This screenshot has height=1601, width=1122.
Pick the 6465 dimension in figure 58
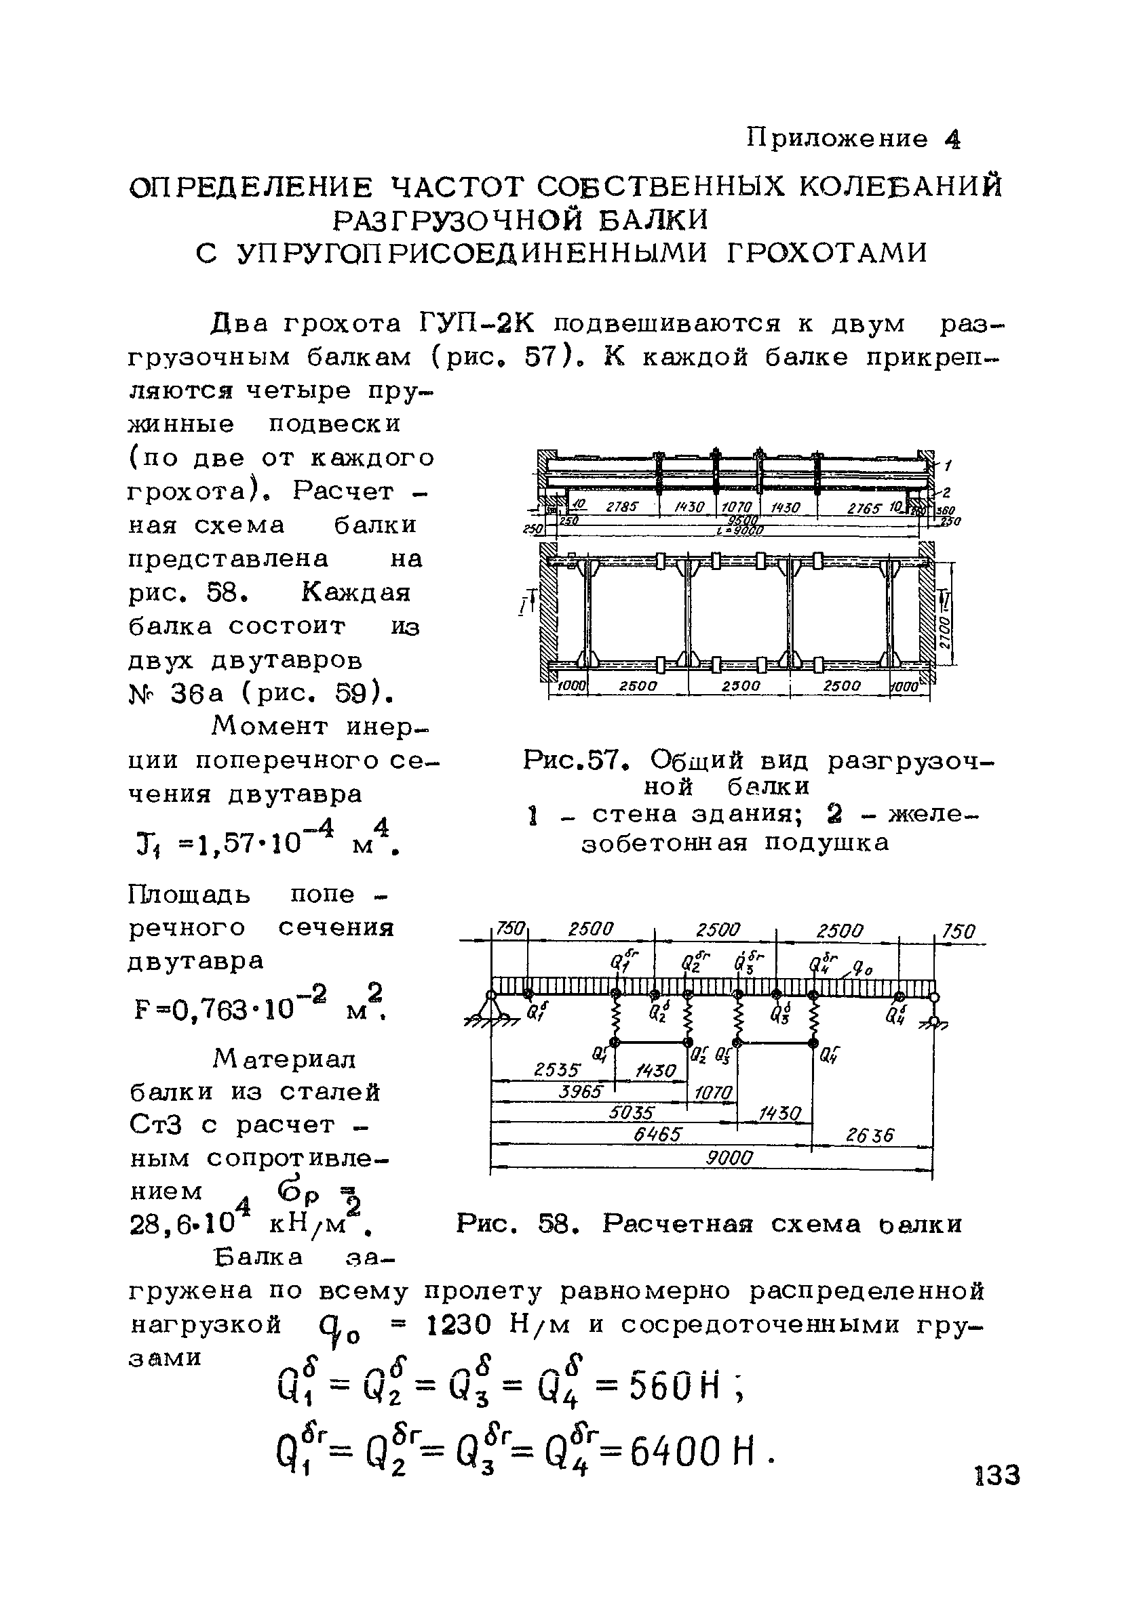[x=657, y=1135]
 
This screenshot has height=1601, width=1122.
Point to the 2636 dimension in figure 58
[x=869, y=1135]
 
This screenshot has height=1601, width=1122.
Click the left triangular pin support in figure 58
[x=490, y=1009]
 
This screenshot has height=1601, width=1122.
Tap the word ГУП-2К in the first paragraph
[x=477, y=324]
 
